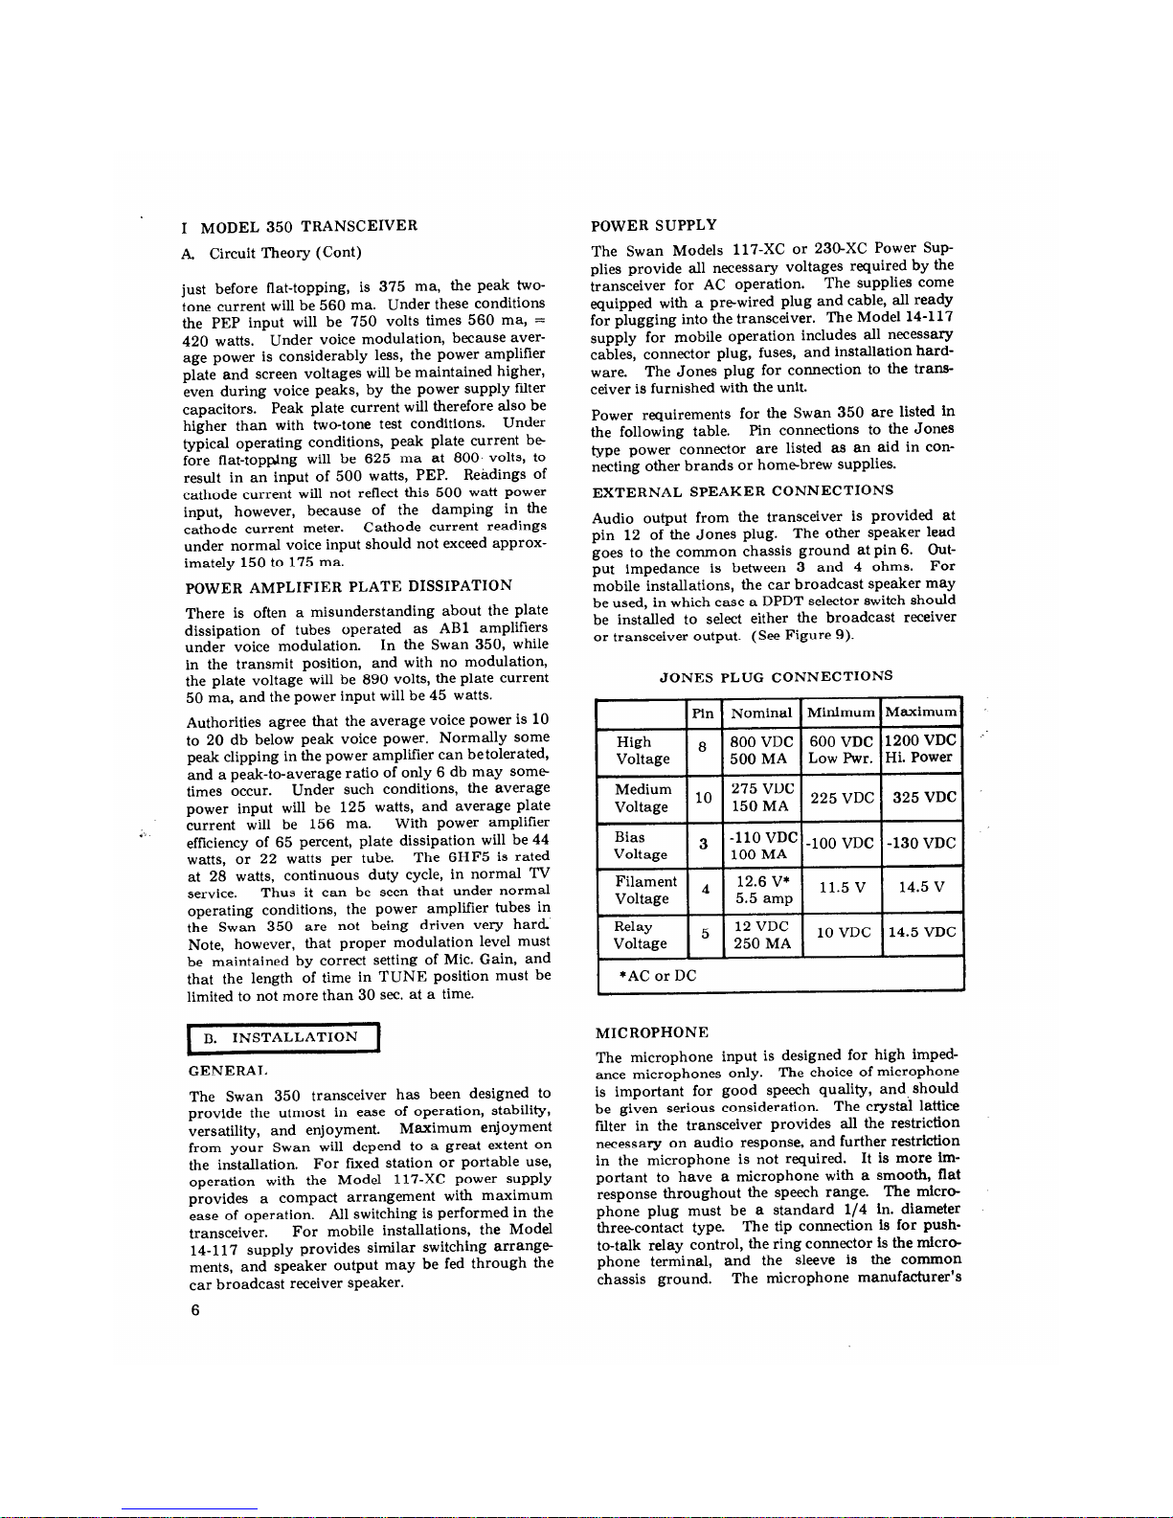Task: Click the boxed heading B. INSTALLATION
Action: coord(284,1037)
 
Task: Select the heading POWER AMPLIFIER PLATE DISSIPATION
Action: coord(349,586)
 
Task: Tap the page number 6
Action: coord(194,1310)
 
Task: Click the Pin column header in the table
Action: coord(703,714)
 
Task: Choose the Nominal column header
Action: coord(761,714)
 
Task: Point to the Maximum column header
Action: coord(920,713)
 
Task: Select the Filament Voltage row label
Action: coord(644,890)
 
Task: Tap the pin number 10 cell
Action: coord(703,798)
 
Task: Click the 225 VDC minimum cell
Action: coord(842,798)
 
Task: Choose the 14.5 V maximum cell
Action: coord(921,888)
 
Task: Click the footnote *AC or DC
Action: coord(659,976)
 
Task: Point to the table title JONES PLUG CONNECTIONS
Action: coord(776,677)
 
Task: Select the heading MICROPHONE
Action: coord(652,1032)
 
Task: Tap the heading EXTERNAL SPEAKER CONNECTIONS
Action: coord(742,491)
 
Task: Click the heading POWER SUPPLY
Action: coord(654,226)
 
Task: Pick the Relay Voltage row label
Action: coord(640,935)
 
